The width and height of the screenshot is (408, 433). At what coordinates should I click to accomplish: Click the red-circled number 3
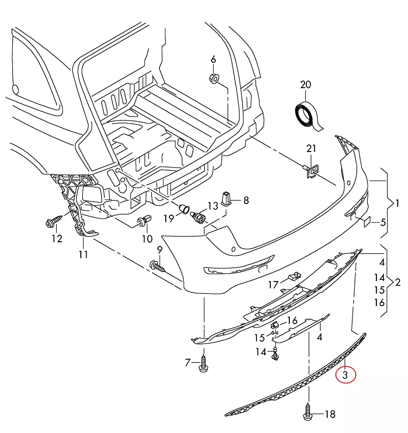[345, 375]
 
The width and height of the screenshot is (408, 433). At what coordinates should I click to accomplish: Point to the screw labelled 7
[203, 364]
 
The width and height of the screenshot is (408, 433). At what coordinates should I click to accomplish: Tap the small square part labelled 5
[367, 222]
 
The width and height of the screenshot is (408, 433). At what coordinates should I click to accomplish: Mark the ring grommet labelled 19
[185, 209]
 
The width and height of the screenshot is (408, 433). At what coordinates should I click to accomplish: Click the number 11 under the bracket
[83, 255]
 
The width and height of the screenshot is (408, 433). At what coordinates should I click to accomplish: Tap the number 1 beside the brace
[397, 203]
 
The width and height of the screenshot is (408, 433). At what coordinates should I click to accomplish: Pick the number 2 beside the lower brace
[398, 282]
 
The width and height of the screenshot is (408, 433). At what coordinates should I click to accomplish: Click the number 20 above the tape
[306, 85]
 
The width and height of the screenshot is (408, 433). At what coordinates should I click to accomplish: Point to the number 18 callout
[330, 414]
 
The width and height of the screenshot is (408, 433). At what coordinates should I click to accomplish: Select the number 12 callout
[57, 239]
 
